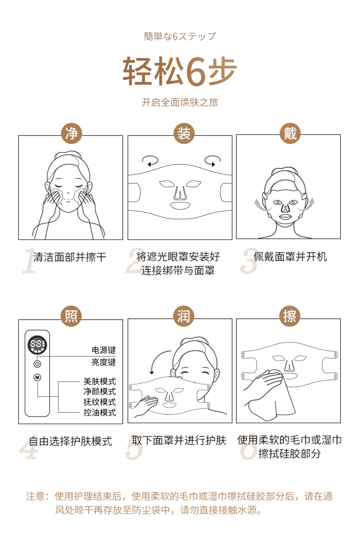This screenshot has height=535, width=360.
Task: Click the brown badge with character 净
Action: pos(72,133)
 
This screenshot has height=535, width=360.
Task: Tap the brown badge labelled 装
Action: pos(183,133)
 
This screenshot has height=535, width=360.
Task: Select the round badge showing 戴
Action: pos(290,133)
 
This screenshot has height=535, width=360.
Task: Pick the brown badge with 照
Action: pos(71,316)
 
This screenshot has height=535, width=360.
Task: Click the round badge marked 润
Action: pos(183,316)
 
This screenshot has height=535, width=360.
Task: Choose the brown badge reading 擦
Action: pos(290,316)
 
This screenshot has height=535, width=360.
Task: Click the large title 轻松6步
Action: pos(180,71)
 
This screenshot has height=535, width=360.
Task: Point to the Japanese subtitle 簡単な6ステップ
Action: pos(180,36)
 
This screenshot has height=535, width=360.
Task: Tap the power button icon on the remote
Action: pos(37,364)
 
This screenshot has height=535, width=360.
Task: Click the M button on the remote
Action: pos(37,377)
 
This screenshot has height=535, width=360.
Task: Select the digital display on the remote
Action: pos(37,345)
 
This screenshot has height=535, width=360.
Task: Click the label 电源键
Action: pos(103,350)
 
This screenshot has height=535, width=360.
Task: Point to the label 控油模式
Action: pos(100,413)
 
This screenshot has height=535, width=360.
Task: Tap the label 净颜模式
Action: pos(100,392)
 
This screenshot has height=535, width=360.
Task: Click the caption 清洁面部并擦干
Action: pos(70,257)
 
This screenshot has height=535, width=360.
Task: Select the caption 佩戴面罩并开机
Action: pos(290,257)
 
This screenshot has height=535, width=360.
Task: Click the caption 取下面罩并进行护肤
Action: pos(179,440)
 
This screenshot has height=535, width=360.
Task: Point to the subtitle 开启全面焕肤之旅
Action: pos(180,102)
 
